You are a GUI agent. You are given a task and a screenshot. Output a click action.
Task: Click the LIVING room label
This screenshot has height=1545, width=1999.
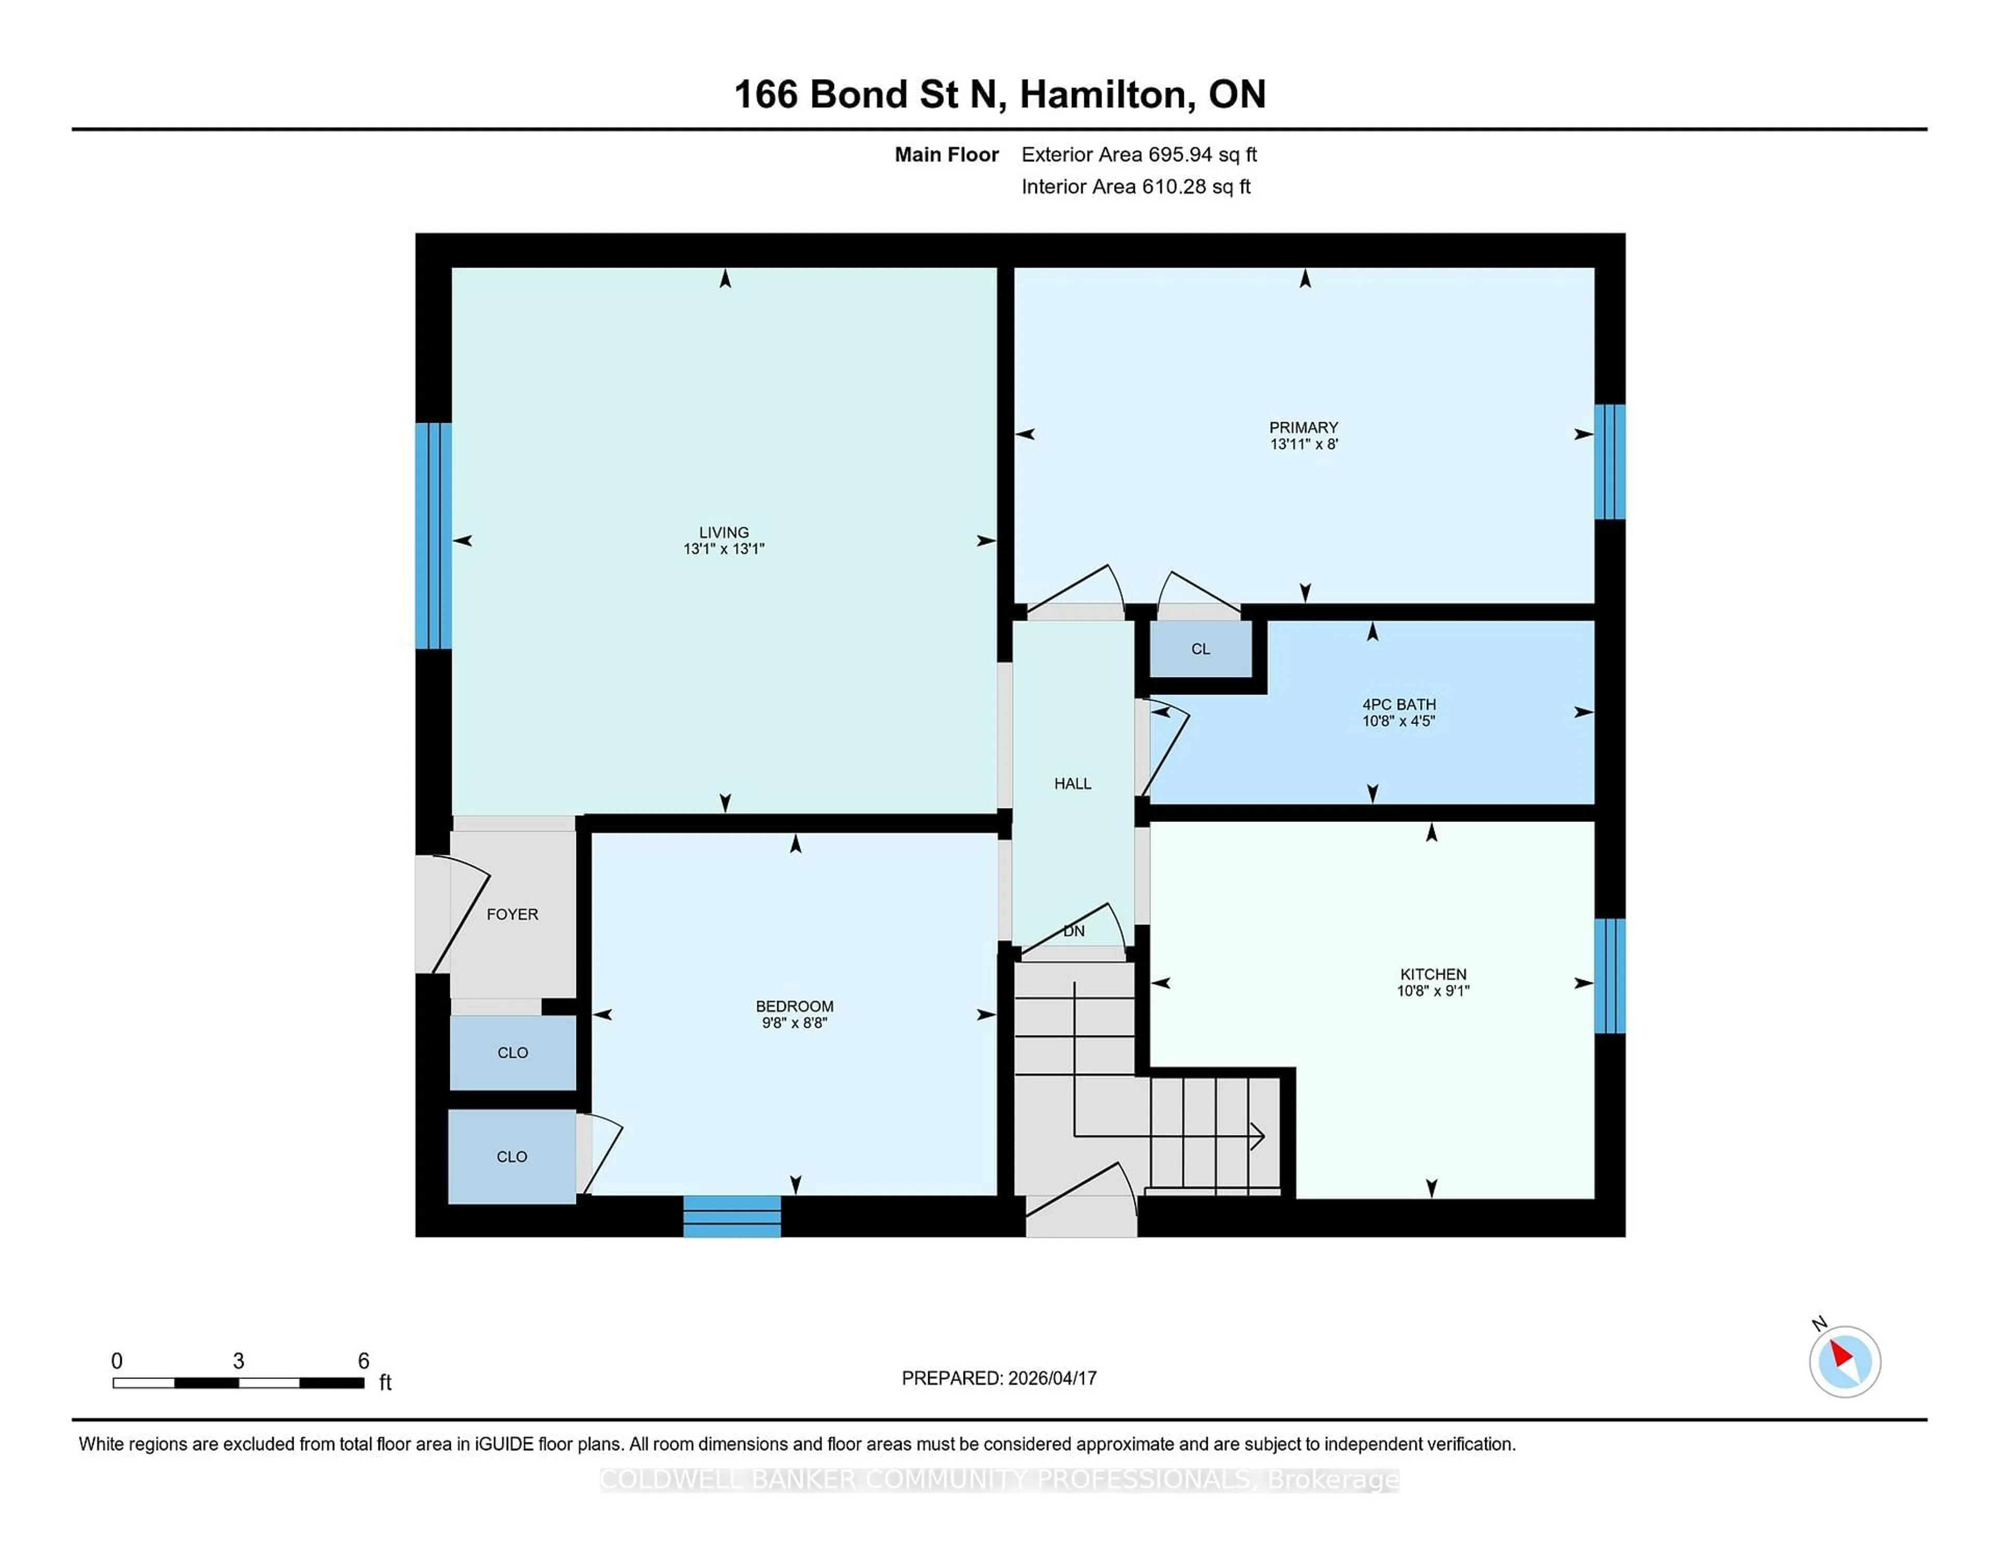click(x=723, y=532)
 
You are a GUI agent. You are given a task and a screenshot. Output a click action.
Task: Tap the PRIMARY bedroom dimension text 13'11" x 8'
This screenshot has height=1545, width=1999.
click(x=1304, y=444)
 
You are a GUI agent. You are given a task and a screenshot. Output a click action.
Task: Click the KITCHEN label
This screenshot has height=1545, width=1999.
click(x=1433, y=974)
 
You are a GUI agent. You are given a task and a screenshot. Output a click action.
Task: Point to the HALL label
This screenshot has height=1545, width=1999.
click(x=1072, y=783)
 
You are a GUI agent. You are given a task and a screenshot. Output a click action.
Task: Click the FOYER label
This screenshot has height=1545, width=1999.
click(x=512, y=915)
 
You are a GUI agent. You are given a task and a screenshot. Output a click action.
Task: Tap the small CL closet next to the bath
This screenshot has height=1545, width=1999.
click(x=1200, y=649)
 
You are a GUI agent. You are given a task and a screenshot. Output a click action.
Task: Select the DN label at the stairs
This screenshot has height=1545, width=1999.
click(x=1073, y=931)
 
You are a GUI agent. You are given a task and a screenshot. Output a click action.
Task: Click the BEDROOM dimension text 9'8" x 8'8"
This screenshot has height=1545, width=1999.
click(x=793, y=1022)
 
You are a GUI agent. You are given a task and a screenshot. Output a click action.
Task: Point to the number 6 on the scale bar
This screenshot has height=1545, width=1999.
click(x=363, y=1361)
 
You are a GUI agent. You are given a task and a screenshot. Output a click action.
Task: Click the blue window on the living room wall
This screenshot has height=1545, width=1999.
click(x=433, y=536)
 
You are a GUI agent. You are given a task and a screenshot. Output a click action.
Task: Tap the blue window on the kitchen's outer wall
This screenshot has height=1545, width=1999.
click(x=1609, y=976)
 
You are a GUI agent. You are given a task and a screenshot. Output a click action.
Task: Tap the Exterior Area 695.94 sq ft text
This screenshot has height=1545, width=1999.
click(x=1138, y=155)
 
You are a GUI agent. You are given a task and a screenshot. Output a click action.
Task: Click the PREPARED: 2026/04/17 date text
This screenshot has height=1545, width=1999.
click(x=998, y=1377)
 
